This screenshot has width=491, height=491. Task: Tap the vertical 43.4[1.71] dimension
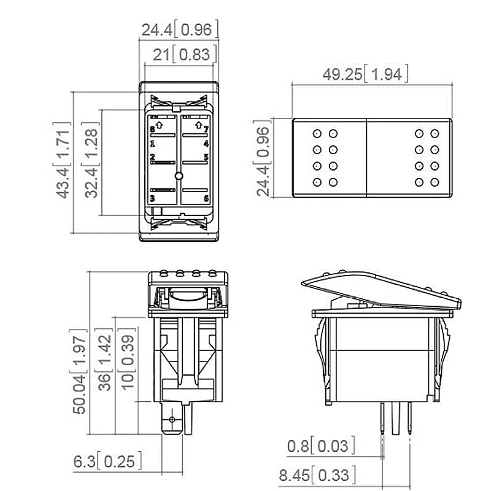coord(62,160)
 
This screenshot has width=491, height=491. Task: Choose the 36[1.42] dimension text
coord(105,361)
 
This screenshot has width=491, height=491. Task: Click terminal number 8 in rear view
coord(152,130)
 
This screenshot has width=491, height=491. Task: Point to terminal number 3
coord(152,198)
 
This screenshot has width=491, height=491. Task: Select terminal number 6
coord(206,198)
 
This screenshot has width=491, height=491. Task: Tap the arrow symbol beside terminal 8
coord(160,125)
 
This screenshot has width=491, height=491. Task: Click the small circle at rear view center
coord(179,177)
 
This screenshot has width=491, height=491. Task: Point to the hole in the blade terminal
coord(172,419)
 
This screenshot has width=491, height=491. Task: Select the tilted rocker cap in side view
coord(381,291)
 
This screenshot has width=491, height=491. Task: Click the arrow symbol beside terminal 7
coord(197,125)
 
